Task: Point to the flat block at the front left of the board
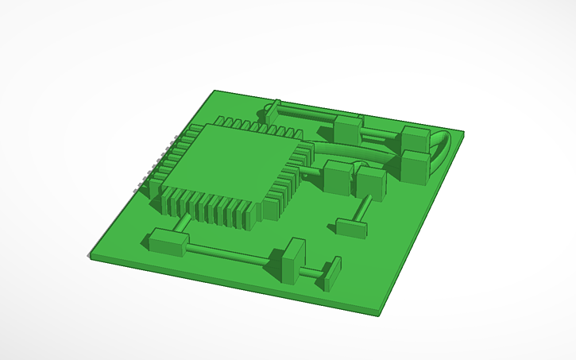coord(166,240)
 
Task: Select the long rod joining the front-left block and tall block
coord(230,253)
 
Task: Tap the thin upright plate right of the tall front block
coord(331,273)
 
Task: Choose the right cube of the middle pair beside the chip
coord(371,180)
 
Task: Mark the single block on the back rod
coord(348,129)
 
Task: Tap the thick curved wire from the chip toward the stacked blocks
coord(350,153)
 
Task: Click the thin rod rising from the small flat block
coord(363,207)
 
